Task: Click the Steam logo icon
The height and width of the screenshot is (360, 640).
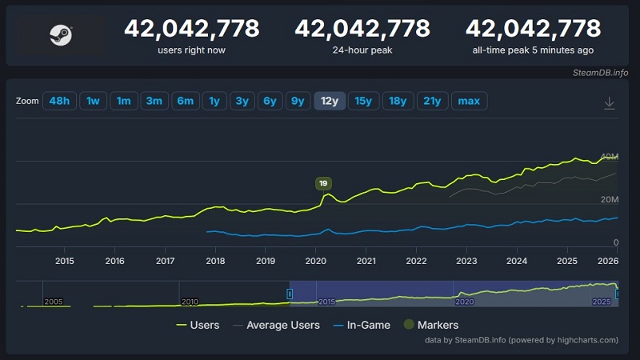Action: coord(60,34)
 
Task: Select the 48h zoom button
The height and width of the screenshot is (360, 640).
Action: coord(58,101)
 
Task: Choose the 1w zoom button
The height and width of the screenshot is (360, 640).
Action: coord(93,101)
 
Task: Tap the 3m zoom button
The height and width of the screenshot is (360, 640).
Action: coord(154,101)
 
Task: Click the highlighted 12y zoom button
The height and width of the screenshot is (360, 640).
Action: coord(330,101)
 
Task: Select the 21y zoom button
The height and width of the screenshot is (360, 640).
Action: coord(432,101)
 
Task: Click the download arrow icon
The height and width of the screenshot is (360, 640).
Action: coord(609,102)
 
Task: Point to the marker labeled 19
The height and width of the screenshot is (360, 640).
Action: coord(323,183)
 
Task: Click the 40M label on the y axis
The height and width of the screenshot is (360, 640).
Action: coord(610,156)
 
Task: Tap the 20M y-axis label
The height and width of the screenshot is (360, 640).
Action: coord(610,199)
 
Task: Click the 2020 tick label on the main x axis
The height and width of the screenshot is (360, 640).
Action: coord(316,261)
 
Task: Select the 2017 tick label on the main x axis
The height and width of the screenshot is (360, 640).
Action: coord(165,261)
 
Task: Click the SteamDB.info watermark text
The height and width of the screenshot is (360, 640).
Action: coord(600,73)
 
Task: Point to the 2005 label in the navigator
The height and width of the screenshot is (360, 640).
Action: coord(54,302)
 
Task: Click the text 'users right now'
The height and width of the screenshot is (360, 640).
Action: coord(192,50)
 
